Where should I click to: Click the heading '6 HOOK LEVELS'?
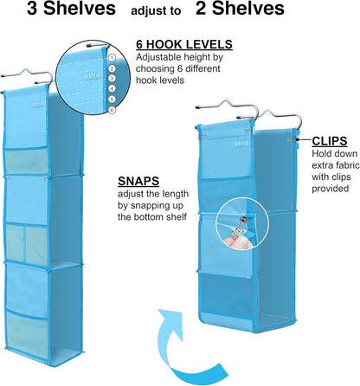[184, 45]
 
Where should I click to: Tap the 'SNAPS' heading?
[138, 181]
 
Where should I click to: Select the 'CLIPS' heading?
[330, 141]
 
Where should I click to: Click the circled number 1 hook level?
[112, 58]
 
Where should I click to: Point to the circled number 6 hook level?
[112, 110]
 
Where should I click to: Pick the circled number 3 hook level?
[112, 79]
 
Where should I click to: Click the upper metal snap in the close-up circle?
[243, 221]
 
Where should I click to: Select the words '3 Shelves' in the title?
[71, 9]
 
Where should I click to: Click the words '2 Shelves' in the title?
[240, 9]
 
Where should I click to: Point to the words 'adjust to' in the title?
[156, 11]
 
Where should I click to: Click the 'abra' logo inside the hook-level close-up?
[93, 76]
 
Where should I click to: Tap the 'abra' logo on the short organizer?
[241, 143]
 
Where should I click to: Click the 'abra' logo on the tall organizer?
[38, 105]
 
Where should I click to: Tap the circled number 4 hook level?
[112, 88]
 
